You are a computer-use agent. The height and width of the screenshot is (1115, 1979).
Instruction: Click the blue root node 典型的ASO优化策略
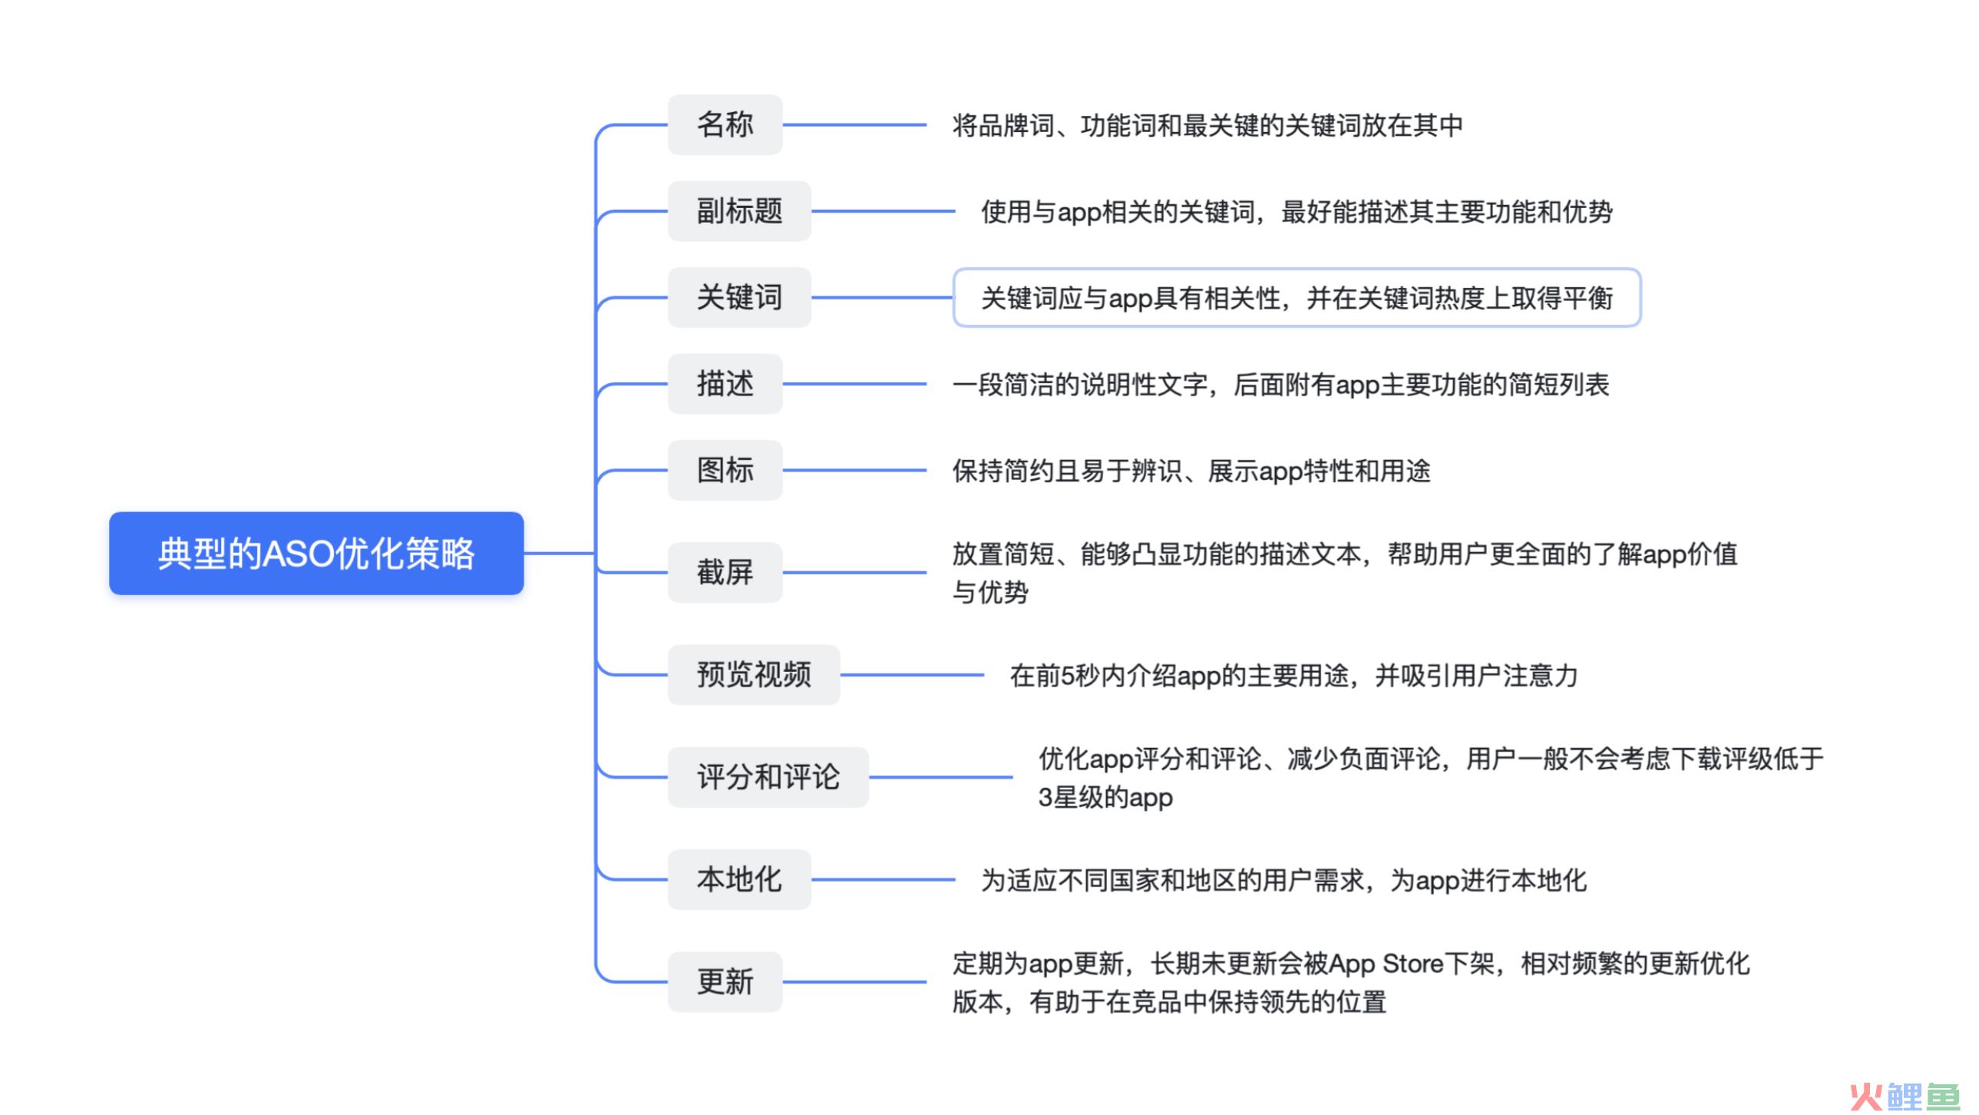316,553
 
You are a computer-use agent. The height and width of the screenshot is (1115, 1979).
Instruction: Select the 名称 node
725,124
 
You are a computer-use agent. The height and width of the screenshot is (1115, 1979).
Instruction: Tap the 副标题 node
739,211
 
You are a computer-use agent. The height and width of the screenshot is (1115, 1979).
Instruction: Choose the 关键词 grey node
739,297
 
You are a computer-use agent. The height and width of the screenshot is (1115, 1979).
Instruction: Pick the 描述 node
725,383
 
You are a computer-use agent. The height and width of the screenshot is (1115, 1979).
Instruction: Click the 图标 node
725,470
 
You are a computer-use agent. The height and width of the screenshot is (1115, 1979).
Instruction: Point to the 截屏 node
725,573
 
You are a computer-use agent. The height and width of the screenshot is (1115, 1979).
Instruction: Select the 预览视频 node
753,675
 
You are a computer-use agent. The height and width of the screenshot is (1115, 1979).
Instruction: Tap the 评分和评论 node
768,777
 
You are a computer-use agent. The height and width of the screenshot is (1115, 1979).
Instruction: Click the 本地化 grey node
739,879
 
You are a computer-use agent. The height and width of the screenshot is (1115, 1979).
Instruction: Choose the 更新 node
725,981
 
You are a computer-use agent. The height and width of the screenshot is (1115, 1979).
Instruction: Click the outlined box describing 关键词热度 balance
1296,297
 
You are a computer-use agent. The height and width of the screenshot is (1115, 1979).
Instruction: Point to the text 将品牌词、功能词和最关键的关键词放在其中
1207,125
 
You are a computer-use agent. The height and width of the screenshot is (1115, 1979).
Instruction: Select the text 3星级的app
1105,798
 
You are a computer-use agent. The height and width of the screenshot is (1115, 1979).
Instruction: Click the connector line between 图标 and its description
854,470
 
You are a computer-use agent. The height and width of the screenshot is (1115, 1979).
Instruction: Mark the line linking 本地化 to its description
883,879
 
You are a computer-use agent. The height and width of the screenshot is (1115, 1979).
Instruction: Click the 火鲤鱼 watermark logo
1905,1095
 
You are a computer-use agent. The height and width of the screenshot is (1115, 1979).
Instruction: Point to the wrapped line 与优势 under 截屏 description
989,593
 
